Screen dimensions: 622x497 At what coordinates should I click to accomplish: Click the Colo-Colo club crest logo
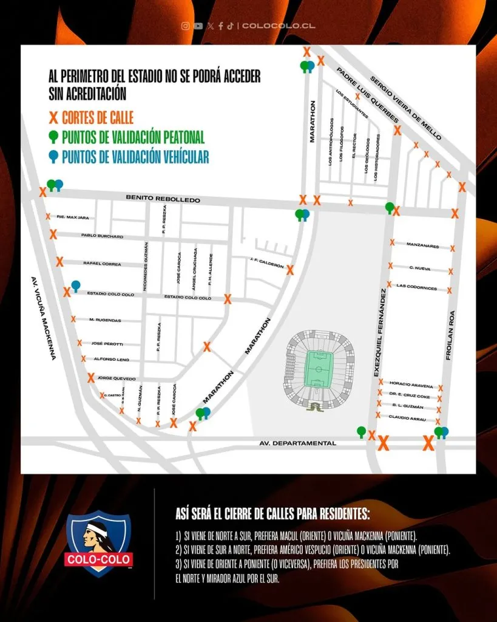point(98,543)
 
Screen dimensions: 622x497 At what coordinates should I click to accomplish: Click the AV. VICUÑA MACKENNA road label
point(42,318)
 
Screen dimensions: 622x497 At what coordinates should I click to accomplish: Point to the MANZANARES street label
point(422,246)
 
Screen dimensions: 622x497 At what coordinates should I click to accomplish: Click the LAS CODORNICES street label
point(417,287)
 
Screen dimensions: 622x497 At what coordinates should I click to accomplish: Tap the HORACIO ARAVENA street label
point(411,386)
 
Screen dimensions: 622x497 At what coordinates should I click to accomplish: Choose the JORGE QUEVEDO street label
point(117,378)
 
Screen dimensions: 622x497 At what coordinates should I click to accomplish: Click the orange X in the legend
point(54,117)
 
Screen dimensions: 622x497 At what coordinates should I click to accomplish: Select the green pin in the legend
point(54,137)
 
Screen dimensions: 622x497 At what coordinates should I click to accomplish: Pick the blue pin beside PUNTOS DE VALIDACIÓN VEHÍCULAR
point(54,157)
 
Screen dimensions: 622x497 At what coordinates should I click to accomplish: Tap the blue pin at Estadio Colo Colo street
point(76,285)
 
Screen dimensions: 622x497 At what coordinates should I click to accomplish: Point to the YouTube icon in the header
point(197,26)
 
